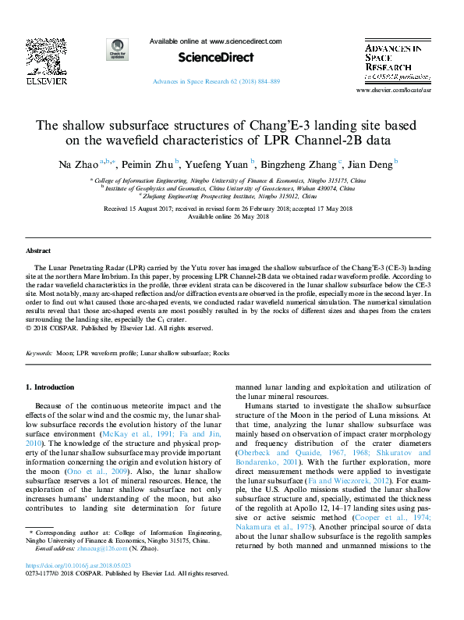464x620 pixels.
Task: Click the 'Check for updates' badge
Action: [118, 50]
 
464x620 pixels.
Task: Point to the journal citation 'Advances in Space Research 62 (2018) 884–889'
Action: [215, 81]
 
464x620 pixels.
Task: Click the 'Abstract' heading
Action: [38, 251]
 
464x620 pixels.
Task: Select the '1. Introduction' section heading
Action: [51, 387]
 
